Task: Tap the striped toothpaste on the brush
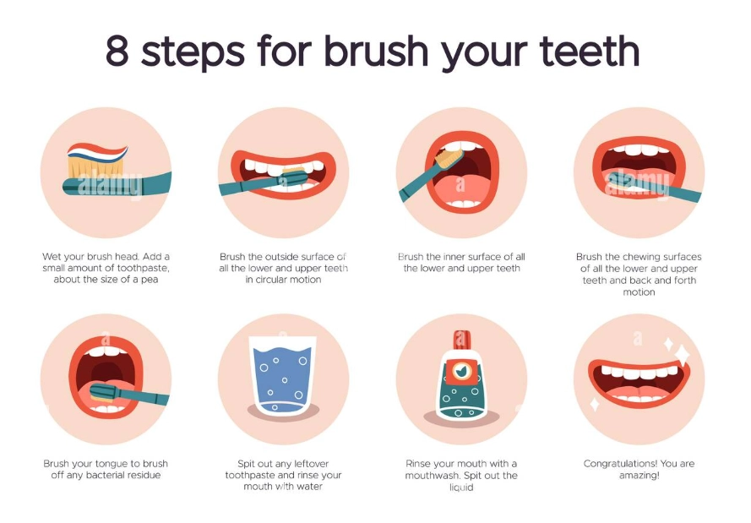[x=98, y=154]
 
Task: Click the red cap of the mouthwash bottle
[x=460, y=339]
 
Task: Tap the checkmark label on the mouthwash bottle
[x=460, y=371]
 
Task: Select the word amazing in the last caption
[x=639, y=476]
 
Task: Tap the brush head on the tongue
[x=104, y=390]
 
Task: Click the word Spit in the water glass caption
[x=250, y=464]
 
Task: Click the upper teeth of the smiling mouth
[x=639, y=373]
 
